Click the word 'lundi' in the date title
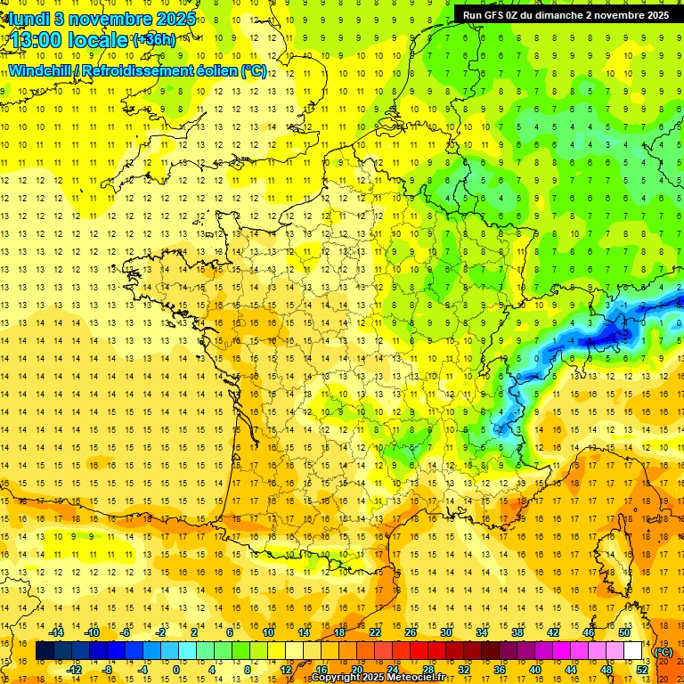(x=28, y=19)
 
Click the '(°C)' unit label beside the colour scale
(x=664, y=652)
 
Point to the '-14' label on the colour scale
(x=57, y=632)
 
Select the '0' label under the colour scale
(x=175, y=669)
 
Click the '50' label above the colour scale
(x=623, y=632)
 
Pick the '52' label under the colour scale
(x=642, y=669)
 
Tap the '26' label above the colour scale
(x=411, y=632)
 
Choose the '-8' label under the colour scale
(x=108, y=669)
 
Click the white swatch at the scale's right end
(x=633, y=651)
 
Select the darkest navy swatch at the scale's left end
(x=45, y=651)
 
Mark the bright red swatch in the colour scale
(x=419, y=651)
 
